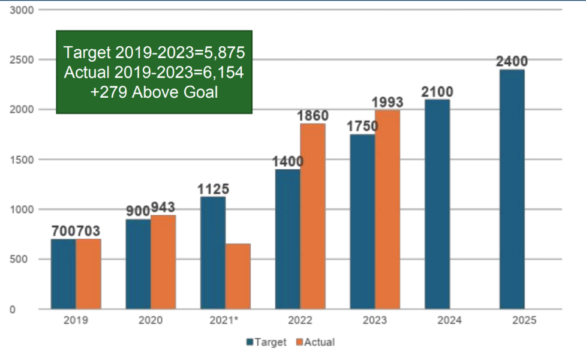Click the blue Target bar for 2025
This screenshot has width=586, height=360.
[512, 189]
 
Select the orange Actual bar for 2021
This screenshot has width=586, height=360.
[238, 276]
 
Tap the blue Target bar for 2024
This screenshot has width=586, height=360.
[437, 204]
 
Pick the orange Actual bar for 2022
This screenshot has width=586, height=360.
[312, 216]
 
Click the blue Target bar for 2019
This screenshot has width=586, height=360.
[63, 274]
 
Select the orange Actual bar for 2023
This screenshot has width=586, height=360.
[387, 209]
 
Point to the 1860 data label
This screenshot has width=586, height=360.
[312, 116]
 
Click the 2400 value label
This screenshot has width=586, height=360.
[512, 61]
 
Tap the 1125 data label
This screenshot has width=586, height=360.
[213, 189]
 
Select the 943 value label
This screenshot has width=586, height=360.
[164, 207]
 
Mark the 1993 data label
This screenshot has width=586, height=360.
[387, 102]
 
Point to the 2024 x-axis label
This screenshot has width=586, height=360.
[449, 320]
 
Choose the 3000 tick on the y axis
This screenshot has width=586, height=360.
[22, 10]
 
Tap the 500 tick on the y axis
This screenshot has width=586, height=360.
[24, 259]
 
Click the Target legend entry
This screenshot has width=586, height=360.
[266, 342]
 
